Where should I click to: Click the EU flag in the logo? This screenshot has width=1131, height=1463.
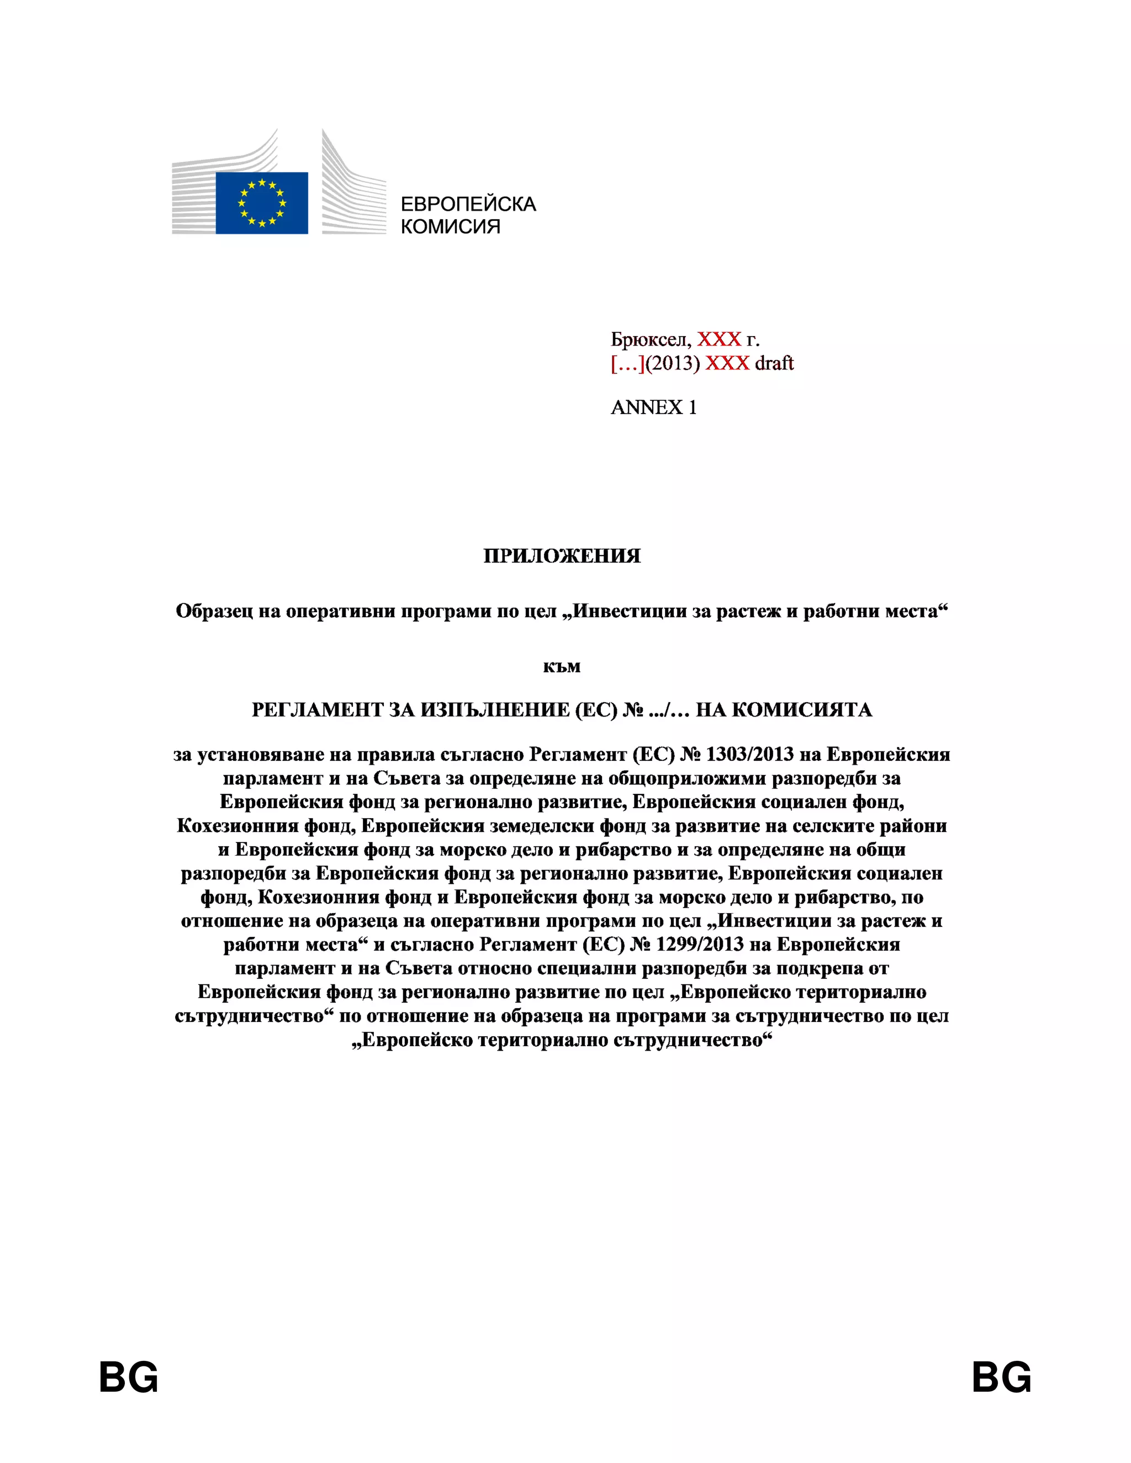coord(261,203)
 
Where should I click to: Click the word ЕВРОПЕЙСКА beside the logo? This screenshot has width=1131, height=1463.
coord(468,204)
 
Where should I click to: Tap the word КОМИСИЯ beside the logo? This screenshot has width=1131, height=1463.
coord(450,226)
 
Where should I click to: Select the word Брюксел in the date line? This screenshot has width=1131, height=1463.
coord(650,340)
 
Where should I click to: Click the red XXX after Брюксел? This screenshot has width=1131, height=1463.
coord(719,340)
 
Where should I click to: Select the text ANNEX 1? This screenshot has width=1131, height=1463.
coord(653,407)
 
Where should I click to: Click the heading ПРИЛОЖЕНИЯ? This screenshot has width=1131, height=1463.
coord(562,556)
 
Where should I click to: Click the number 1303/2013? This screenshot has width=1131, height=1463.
coord(750,754)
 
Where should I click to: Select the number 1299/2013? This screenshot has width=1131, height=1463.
coord(700,945)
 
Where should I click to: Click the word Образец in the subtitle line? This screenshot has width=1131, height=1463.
coord(214,612)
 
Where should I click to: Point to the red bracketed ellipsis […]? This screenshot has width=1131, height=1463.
coord(627,363)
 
